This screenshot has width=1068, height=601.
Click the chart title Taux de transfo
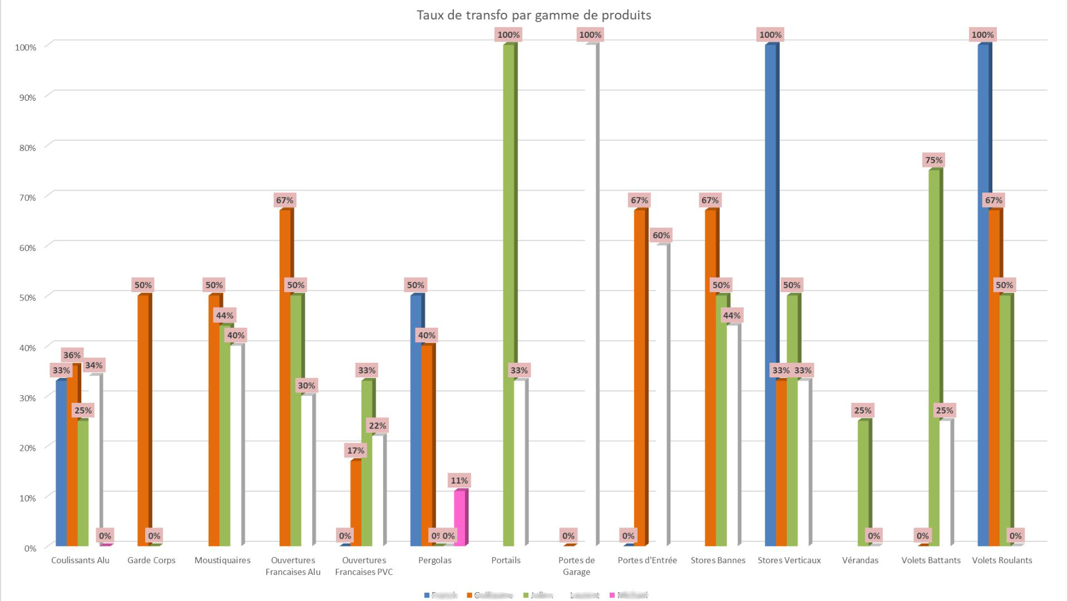tap(533, 15)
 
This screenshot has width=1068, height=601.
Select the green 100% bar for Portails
tap(508, 295)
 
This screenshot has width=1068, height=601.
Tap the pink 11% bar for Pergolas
tap(459, 518)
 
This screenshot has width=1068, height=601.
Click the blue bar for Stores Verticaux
tap(770, 295)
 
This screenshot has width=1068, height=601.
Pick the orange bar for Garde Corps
tap(143, 420)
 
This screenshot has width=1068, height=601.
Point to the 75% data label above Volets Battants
tap(933, 160)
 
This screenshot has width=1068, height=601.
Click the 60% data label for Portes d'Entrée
tap(661, 235)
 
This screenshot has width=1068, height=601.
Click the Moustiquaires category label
tap(222, 560)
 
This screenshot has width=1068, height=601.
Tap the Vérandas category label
tap(860, 560)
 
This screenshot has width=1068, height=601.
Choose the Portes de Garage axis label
tap(576, 566)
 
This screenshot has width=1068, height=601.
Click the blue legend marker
tap(427, 595)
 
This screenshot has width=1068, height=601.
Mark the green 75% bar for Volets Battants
tap(934, 356)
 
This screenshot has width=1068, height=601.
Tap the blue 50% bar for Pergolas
tap(416, 420)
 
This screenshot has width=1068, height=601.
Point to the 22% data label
tap(377, 426)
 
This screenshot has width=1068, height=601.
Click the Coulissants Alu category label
tap(80, 560)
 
